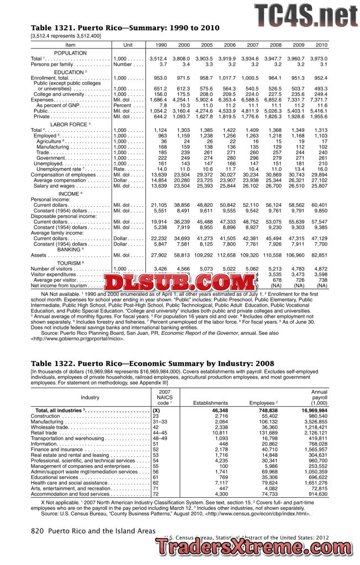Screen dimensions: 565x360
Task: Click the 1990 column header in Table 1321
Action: (160, 45)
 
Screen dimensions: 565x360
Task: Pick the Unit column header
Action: (128, 45)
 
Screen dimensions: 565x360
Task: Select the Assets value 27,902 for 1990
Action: (159, 255)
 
